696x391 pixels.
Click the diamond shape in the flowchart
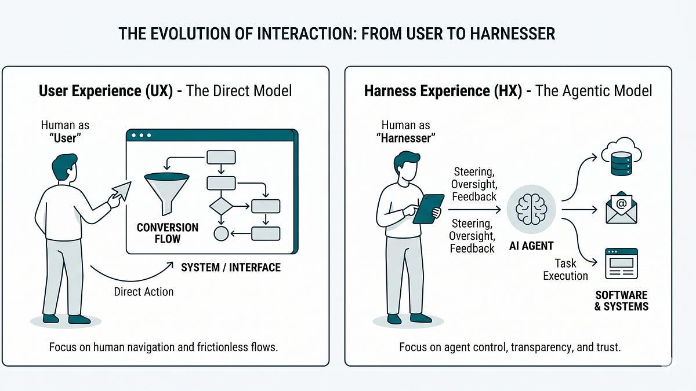tap(220, 206)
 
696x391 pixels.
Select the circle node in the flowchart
tap(220, 233)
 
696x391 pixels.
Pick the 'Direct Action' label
tap(144, 291)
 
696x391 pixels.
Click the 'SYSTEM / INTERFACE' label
tap(231, 267)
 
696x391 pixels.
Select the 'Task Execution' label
tap(565, 269)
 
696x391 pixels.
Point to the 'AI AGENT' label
tap(531, 245)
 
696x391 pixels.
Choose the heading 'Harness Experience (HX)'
tap(443, 91)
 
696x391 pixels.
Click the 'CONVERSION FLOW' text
tap(168, 233)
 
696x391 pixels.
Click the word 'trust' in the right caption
tap(606, 347)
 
